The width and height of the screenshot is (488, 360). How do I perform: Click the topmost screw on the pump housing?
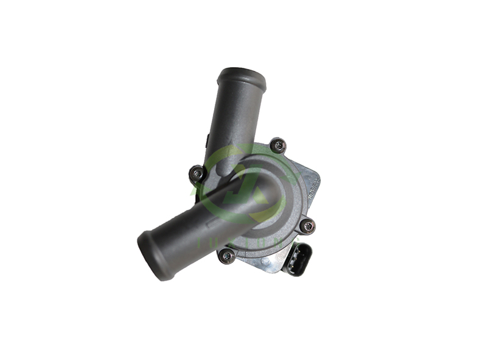278,145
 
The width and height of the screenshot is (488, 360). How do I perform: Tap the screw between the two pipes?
197,175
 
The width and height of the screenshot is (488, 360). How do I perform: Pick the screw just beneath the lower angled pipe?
227,256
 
